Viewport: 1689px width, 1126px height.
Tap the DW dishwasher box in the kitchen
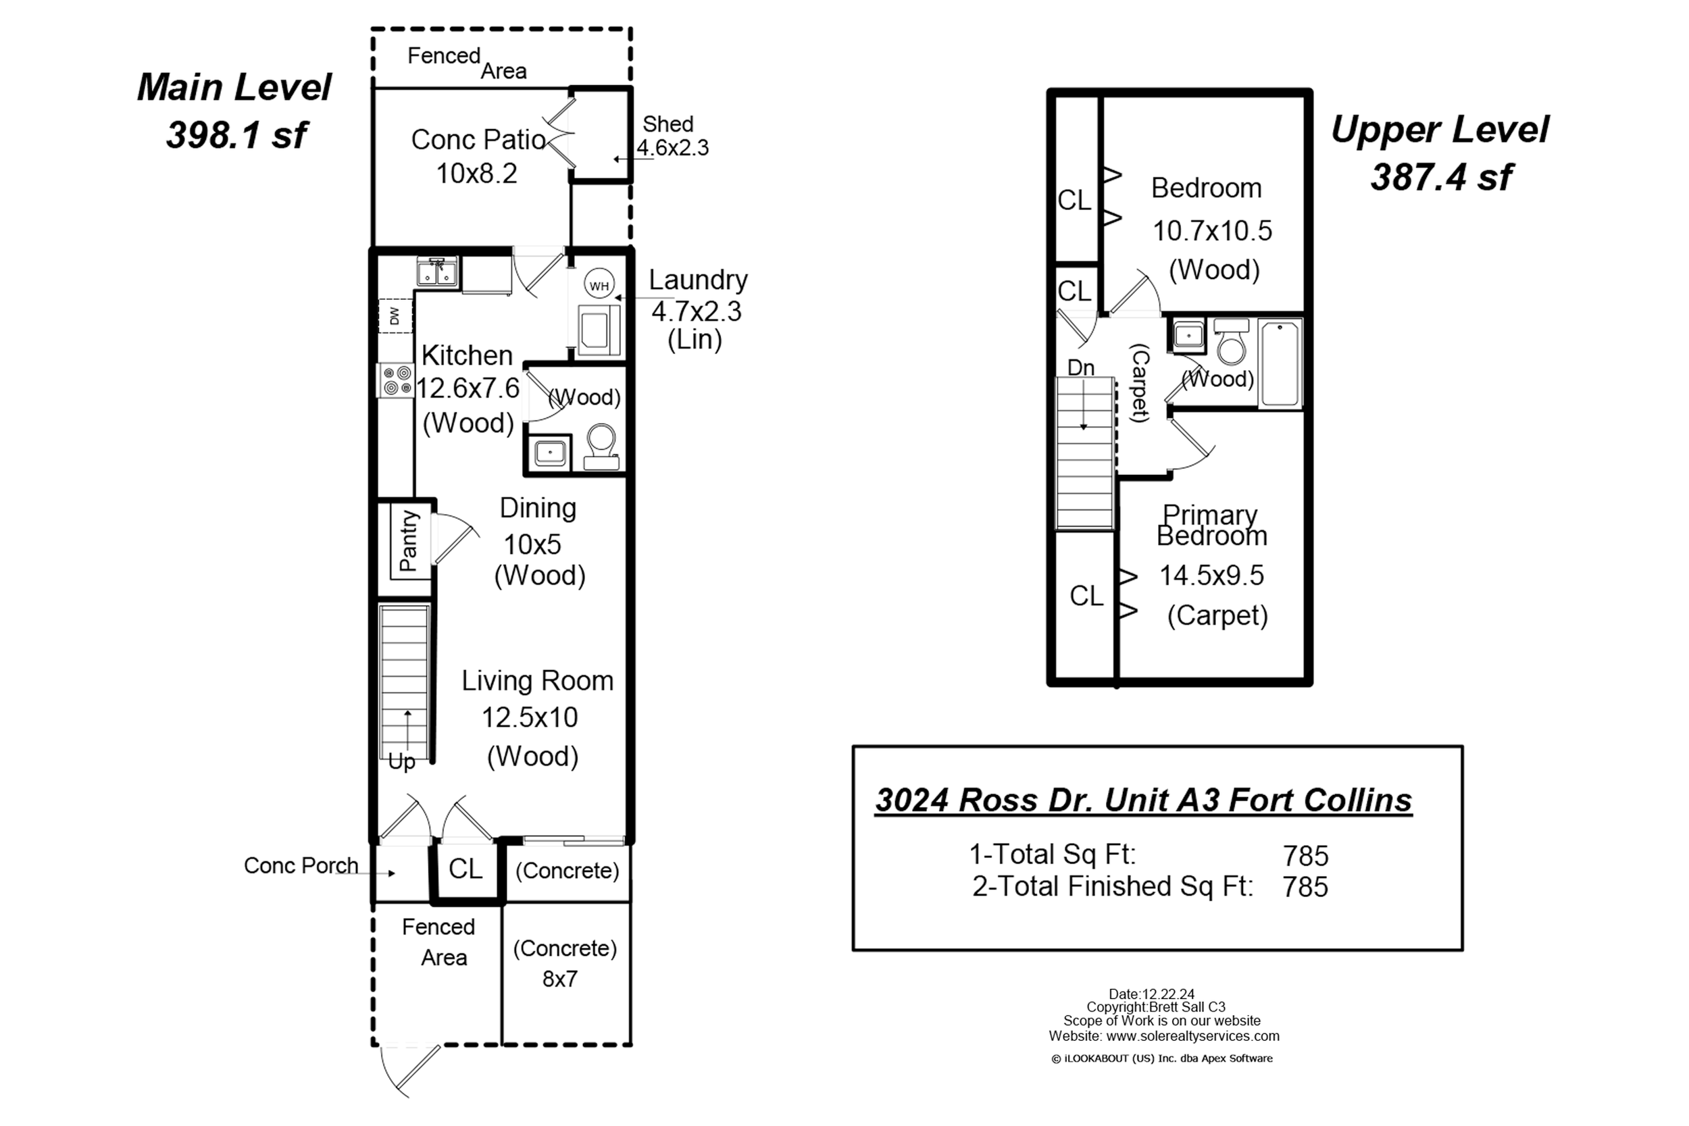pyautogui.click(x=396, y=316)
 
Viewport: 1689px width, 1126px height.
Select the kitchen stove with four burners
pyautogui.click(x=397, y=380)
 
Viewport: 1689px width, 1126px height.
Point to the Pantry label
pyautogui.click(x=409, y=540)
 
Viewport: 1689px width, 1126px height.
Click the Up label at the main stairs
pyautogui.click(x=401, y=762)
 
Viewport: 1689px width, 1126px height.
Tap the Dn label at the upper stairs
pyautogui.click(x=1081, y=367)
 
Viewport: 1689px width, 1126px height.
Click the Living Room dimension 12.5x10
pyautogui.click(x=529, y=717)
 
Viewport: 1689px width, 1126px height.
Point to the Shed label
pyautogui.click(x=668, y=124)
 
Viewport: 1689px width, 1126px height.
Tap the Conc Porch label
pyautogui.click(x=301, y=865)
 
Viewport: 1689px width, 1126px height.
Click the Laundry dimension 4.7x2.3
pyautogui.click(x=696, y=311)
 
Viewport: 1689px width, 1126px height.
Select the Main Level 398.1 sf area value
pyautogui.click(x=236, y=134)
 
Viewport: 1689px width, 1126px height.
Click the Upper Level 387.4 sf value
pyautogui.click(x=1440, y=177)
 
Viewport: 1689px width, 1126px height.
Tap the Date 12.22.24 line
pyautogui.click(x=1152, y=994)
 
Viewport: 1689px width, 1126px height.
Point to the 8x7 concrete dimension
pyautogui.click(x=559, y=979)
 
